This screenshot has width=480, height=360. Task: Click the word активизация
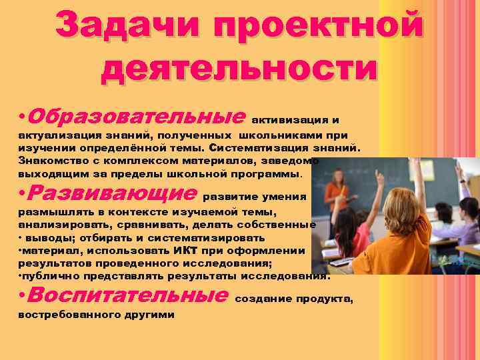287,120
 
